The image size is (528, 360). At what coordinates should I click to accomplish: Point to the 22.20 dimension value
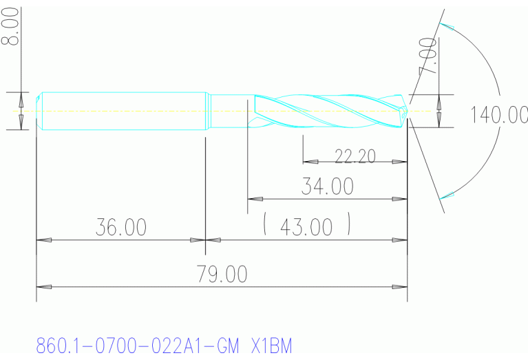tap(355, 156)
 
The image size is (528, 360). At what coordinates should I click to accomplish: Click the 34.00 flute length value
tap(327, 186)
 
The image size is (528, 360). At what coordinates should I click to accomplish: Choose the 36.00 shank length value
tap(120, 227)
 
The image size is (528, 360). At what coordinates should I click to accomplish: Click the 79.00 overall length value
tap(222, 274)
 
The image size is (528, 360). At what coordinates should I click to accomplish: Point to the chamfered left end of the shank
tap(39, 110)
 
